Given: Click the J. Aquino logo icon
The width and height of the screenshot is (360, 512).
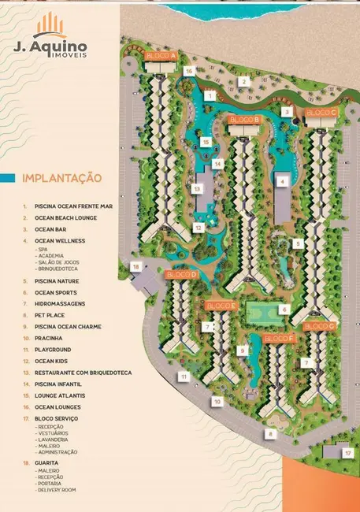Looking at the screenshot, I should pos(50,25).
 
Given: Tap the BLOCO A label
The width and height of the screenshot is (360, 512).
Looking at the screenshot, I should pos(161,56).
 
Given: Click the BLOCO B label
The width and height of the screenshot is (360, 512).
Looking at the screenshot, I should pos(244,120).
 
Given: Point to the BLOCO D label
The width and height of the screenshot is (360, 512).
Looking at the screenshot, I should pos(181,275).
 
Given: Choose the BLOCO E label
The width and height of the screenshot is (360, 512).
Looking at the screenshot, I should pos(221,305).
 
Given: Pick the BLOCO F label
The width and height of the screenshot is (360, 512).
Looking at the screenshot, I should pos(279,338).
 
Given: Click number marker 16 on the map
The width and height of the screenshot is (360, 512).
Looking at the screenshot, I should pos(188,71).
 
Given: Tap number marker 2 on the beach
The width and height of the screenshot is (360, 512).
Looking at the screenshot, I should pos(244,81).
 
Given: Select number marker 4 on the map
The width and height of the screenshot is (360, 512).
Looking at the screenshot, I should pos(280,181).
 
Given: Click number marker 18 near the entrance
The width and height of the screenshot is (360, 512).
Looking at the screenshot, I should pos(136,267).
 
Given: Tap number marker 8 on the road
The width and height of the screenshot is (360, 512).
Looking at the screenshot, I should pos(270,433).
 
